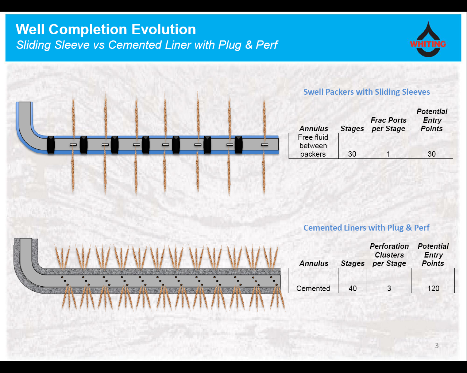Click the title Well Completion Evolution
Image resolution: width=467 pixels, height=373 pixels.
[x=106, y=30]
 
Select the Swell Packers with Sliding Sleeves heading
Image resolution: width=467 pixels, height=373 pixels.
[x=367, y=92]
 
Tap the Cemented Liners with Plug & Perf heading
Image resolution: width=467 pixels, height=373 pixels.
[x=366, y=228]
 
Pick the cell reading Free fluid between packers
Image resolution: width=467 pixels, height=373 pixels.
[x=313, y=146]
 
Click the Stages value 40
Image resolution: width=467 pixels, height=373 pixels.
[x=352, y=288]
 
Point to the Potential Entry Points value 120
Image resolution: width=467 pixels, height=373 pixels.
[x=433, y=288]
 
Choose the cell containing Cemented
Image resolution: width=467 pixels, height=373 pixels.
[x=313, y=288]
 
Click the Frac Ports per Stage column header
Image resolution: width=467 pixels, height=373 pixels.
[x=389, y=124]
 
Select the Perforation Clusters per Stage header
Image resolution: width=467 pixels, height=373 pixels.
[x=389, y=255]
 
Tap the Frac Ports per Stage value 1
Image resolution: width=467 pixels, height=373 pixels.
[x=388, y=154]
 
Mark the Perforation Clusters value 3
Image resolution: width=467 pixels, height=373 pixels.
[x=389, y=288]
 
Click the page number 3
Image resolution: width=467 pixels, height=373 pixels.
[x=437, y=345]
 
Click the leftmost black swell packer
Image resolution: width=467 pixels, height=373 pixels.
[x=51, y=145]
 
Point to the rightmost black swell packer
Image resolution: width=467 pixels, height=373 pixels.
[x=239, y=145]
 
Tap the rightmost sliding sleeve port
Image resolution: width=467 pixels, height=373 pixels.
[x=265, y=145]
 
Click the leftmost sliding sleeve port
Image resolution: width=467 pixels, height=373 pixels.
[x=73, y=145]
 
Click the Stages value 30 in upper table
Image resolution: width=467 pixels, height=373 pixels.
[x=352, y=154]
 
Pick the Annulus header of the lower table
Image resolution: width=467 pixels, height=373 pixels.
[x=314, y=263]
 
